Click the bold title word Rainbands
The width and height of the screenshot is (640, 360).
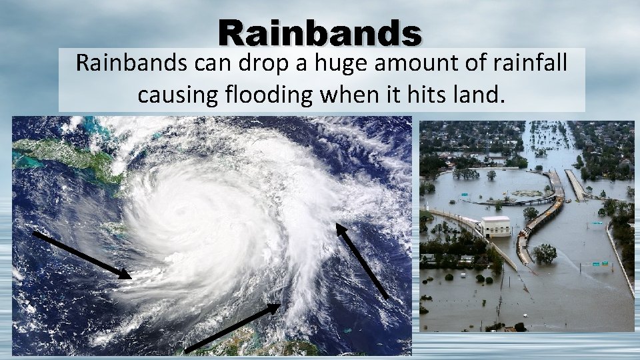tap(319, 32)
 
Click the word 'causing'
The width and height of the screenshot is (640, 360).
tap(176, 95)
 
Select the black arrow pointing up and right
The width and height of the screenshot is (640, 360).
tap(232, 327)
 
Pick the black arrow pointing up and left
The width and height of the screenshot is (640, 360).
tap(361, 260)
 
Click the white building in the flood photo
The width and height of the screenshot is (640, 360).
tap(496, 226)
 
